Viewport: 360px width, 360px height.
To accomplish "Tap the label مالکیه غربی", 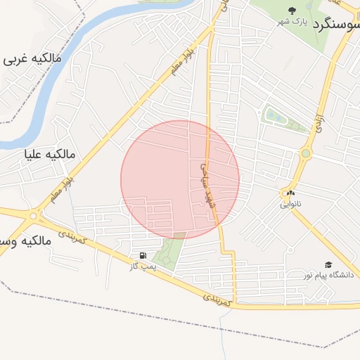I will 32,59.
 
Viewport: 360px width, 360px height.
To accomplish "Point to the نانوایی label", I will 289,205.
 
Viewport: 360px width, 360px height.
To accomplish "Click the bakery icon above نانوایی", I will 289,193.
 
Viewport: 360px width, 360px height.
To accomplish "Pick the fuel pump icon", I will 143,256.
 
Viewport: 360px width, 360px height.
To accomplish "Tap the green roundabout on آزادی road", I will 306,153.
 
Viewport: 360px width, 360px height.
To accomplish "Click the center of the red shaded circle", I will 180,179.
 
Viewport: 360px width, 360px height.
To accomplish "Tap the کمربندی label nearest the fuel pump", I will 73,236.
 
